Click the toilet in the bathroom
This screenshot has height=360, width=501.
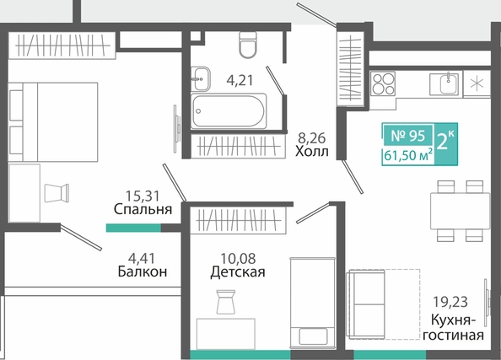pyautogui.click(x=248, y=45)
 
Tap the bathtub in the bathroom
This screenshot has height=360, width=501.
pyautogui.click(x=229, y=110)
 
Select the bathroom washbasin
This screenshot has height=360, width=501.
pyautogui.click(x=201, y=78)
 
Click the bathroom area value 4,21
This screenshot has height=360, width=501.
pyautogui.click(x=240, y=80)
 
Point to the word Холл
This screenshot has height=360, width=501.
pyautogui.click(x=312, y=151)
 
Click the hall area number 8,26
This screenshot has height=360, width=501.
pyautogui.click(x=311, y=137)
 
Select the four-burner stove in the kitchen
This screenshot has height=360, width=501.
pyautogui.click(x=383, y=83)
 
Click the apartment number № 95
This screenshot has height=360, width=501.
pyautogui.click(x=408, y=136)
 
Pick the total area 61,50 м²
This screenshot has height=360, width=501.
pyautogui.click(x=409, y=156)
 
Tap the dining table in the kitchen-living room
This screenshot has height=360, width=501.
pyautogui.click(x=461, y=211)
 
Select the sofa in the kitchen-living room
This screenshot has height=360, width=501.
pyautogui.click(x=367, y=304)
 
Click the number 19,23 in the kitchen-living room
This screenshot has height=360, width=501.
pyautogui.click(x=450, y=301)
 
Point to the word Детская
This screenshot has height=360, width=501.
pyautogui.click(x=238, y=272)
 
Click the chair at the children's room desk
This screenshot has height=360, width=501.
pyautogui.click(x=225, y=302)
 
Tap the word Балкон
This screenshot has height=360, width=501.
pyautogui.click(x=143, y=271)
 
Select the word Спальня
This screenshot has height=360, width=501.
pyautogui.click(x=143, y=209)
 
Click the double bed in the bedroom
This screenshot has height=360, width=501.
pyautogui.click(x=53, y=122)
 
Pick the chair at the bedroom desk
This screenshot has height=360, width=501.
pyautogui.click(x=57, y=193)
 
